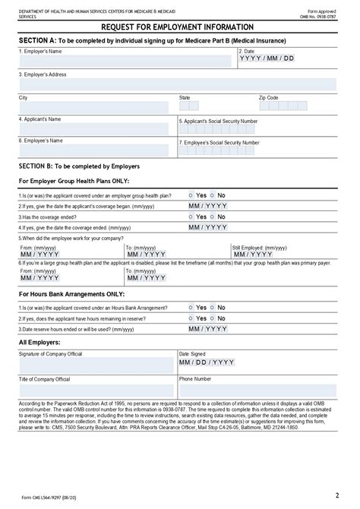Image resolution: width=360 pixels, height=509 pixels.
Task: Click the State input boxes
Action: (189, 106)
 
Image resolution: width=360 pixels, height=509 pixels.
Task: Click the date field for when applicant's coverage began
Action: (208, 206)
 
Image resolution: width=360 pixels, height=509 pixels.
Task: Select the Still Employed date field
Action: (253, 254)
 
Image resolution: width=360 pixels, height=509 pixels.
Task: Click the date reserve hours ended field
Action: (208, 329)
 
